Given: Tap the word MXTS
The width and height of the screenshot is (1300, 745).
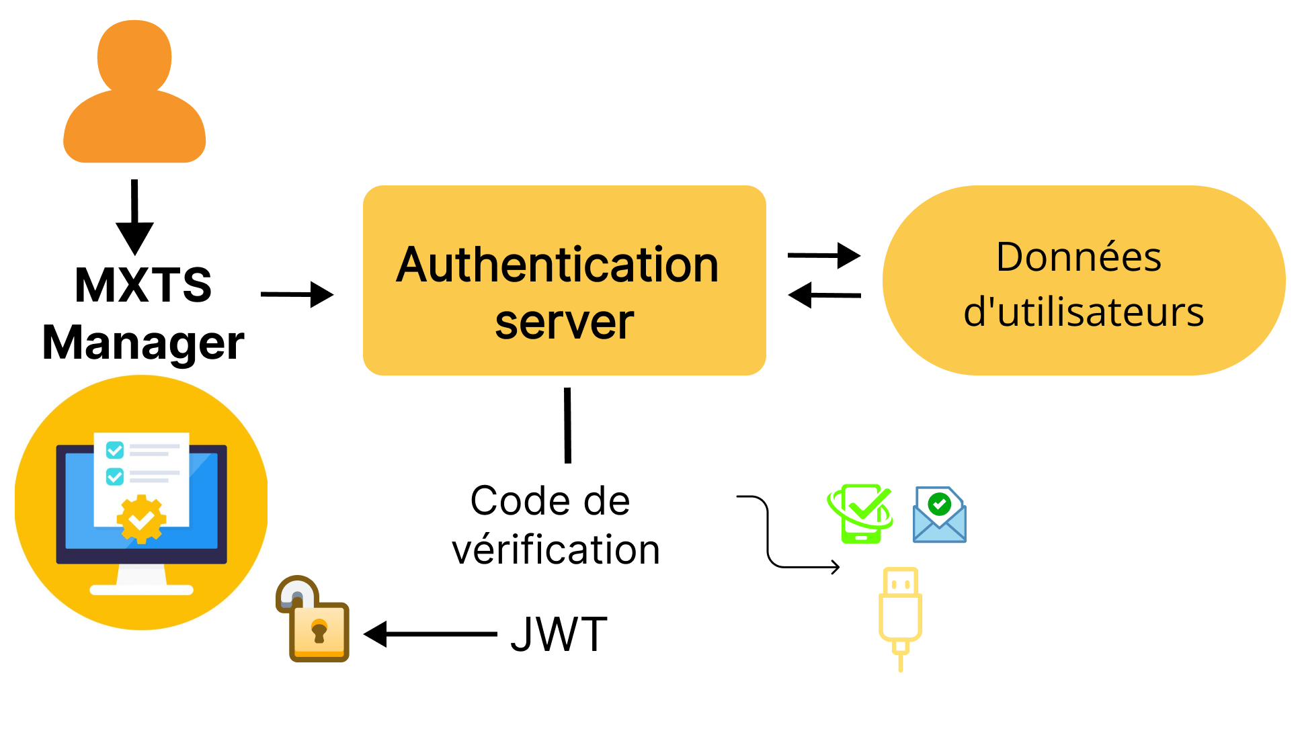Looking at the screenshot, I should pos(143,285).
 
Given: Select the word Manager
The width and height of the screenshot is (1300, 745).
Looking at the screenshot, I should pos(143,343).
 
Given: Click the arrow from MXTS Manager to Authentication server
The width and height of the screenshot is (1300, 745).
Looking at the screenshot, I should pos(296,294).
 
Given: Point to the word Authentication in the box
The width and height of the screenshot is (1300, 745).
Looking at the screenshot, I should pos(557,265).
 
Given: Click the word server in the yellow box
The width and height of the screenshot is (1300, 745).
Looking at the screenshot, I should pos(564,322).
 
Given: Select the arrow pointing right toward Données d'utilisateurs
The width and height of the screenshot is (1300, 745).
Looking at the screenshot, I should pos(823,255).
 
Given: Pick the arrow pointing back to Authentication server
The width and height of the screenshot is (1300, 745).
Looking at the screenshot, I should pos(823,295).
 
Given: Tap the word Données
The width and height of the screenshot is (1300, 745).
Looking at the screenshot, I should pos(1078,257).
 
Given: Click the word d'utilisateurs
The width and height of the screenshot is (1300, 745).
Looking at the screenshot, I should pos(1084,312).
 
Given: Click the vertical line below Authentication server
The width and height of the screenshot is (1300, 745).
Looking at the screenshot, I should pos(567,425).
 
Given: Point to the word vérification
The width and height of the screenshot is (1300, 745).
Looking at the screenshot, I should pos(556,550).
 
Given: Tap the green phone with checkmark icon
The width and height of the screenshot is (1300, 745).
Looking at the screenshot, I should pos(861,513).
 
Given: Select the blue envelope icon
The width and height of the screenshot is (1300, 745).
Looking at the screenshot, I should pos(939,515).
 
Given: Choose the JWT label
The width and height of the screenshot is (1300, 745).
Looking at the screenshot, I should pos(559,635).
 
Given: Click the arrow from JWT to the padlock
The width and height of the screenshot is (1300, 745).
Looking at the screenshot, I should pos(430,634).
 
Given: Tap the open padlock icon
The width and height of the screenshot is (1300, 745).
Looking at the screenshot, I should pos(313,621).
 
